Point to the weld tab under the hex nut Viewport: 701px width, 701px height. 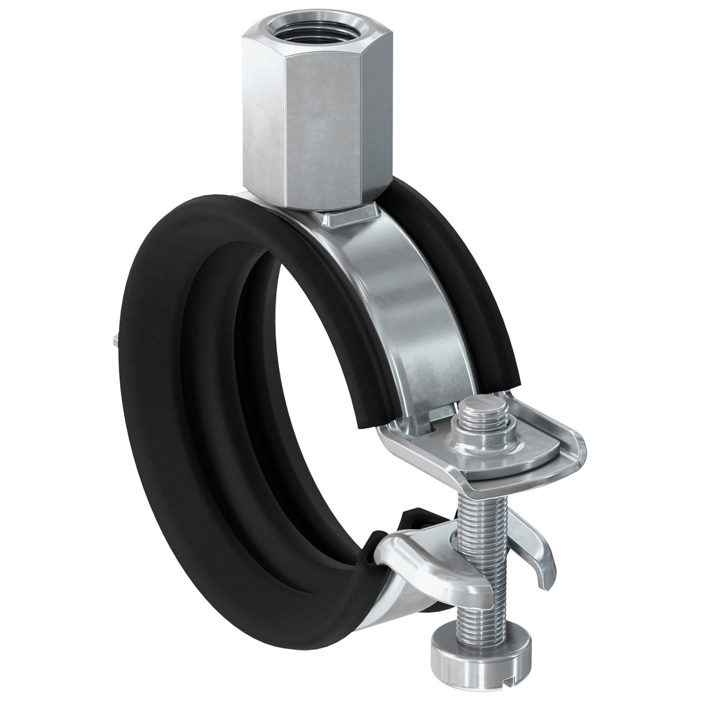350,215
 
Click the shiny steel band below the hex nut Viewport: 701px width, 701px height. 407,308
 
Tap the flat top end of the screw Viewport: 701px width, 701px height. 485,405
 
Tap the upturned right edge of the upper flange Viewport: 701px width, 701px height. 571,449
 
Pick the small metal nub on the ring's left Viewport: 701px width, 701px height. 112,341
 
